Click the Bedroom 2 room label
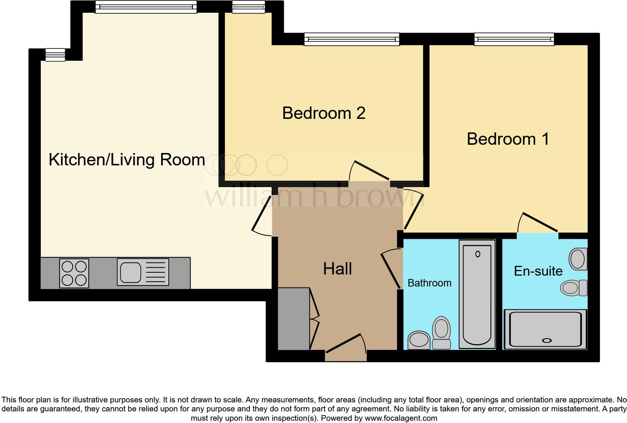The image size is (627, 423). click(x=324, y=113)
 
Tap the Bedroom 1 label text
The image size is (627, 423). click(x=508, y=139)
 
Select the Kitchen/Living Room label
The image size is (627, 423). click(x=127, y=160)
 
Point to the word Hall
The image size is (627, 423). click(x=337, y=269)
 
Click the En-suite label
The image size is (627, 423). click(x=538, y=271)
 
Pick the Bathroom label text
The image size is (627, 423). click(x=429, y=283)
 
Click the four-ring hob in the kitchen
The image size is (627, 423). click(x=74, y=273)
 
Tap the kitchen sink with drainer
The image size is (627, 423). click(x=143, y=272)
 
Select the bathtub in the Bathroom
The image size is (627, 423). click(x=477, y=294)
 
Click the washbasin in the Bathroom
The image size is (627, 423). click(x=419, y=340)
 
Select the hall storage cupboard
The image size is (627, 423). click(x=293, y=319)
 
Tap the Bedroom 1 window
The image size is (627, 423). click(x=514, y=39)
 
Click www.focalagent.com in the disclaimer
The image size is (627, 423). click(x=401, y=418)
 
